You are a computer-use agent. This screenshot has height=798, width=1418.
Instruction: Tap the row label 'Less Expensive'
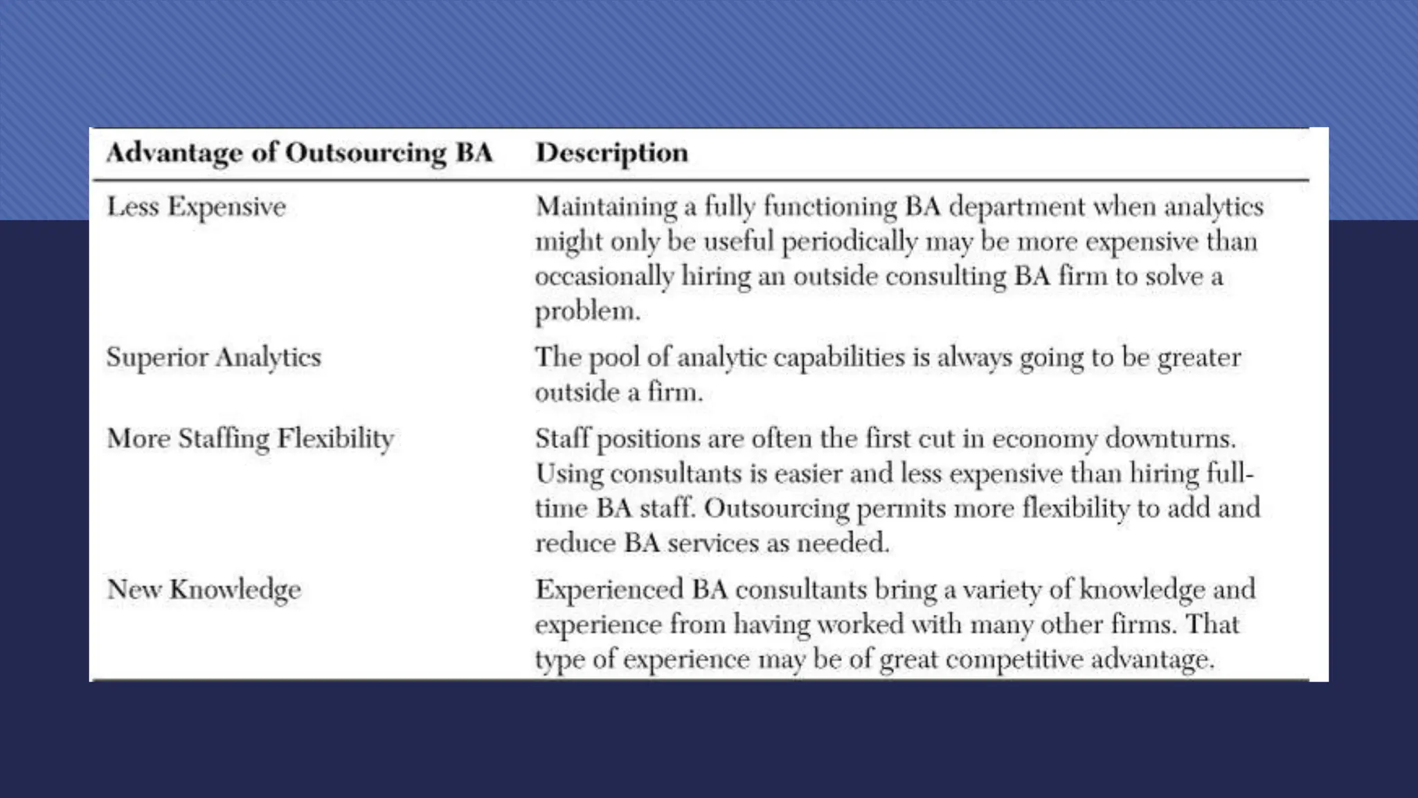[196, 206]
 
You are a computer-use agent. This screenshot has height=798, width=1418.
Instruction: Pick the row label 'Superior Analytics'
[213, 357]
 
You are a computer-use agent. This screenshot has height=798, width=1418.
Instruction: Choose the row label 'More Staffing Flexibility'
[250, 438]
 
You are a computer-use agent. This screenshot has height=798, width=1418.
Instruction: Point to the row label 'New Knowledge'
[204, 589]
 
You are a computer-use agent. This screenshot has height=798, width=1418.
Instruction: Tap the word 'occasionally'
[604, 276]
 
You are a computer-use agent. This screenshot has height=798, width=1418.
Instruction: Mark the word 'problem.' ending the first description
[587, 311]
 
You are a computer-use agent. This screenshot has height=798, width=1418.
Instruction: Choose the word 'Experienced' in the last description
[609, 589]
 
